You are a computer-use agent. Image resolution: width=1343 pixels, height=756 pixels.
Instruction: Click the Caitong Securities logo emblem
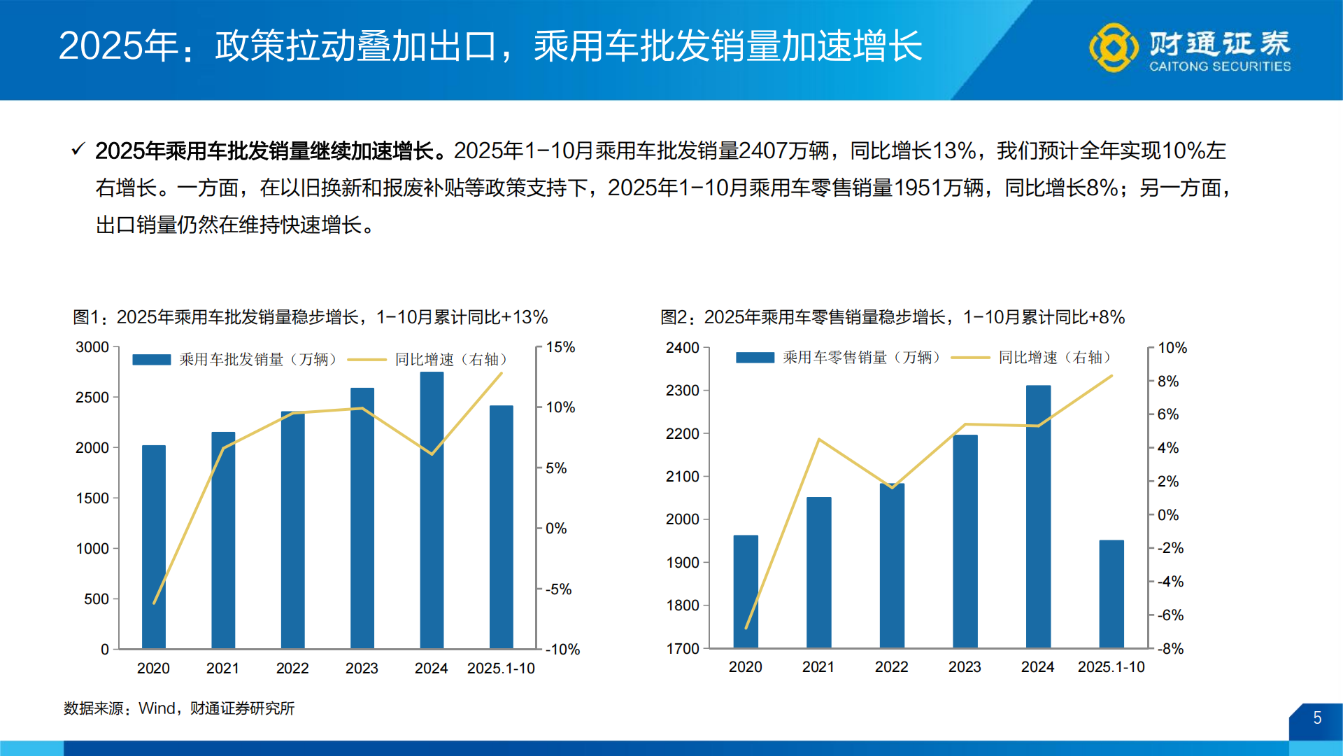pos(1114,48)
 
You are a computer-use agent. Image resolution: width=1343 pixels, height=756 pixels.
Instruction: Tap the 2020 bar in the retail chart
pos(746,591)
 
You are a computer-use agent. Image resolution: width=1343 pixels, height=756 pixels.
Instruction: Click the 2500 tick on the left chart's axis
pos(92,398)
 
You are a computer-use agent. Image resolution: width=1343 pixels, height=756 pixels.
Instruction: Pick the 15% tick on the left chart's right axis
pos(560,347)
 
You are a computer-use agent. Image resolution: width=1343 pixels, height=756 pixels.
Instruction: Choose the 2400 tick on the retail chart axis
pos(682,348)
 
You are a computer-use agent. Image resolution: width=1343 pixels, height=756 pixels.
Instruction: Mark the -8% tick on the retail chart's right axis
pos(1170,649)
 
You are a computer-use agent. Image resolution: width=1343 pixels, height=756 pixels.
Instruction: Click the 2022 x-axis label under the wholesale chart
pos(292,668)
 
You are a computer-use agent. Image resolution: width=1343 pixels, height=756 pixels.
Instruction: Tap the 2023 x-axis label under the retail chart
pos(965,667)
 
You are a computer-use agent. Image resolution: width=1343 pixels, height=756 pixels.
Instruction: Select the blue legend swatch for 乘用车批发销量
pos(152,360)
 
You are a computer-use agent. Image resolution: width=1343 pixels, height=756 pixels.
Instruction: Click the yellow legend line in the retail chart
pos(970,358)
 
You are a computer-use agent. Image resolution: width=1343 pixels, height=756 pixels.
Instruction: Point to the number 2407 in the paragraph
pos(762,150)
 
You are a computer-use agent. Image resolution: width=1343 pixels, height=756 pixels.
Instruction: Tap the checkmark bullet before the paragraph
pos(78,149)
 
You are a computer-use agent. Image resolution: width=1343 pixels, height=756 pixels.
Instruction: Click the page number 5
pos(1317,718)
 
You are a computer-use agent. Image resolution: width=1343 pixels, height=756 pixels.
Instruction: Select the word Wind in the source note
pos(157,708)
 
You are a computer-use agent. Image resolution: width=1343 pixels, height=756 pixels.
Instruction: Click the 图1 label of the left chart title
pos(87,317)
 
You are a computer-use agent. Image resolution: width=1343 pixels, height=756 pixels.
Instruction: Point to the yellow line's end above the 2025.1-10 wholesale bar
pos(502,374)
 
